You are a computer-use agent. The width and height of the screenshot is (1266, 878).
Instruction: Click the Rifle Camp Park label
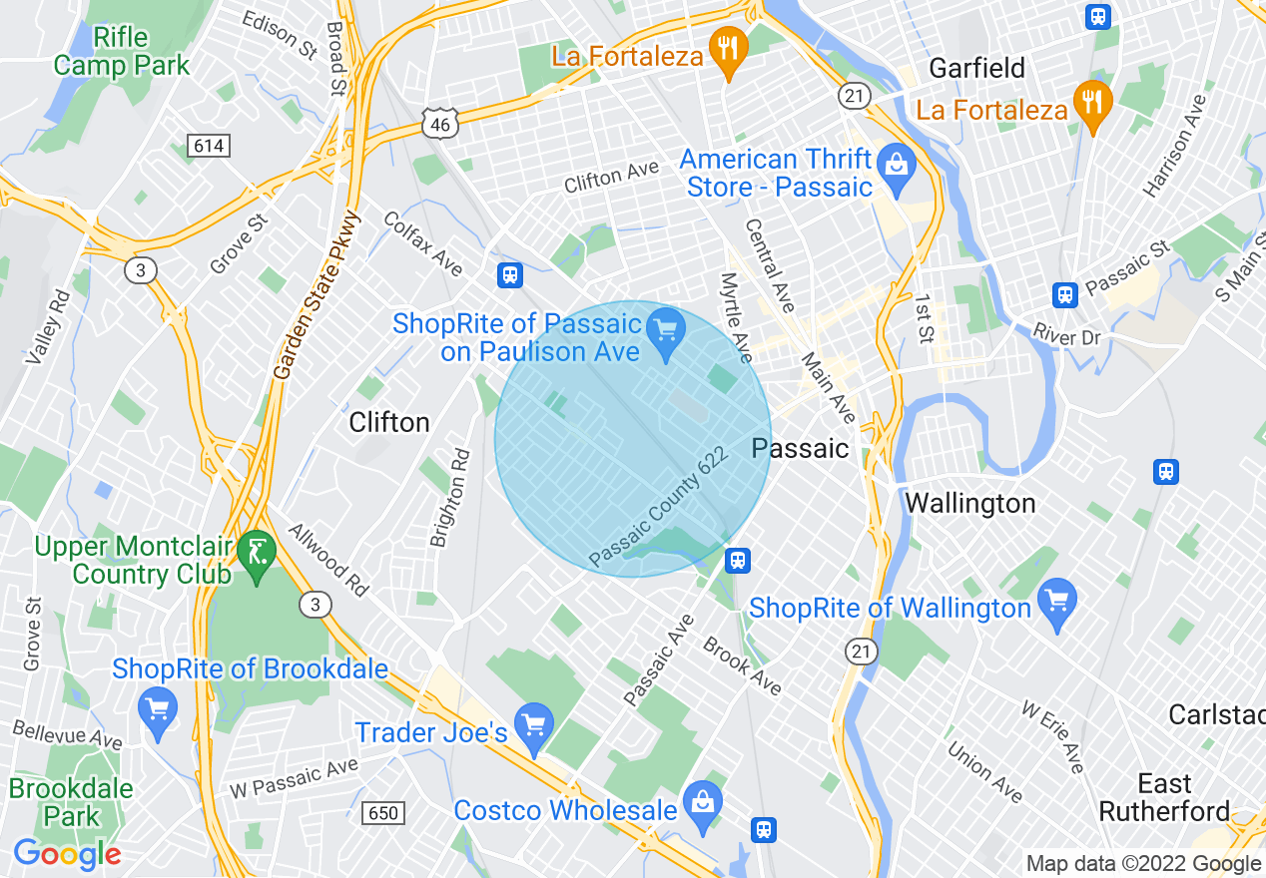point(121,52)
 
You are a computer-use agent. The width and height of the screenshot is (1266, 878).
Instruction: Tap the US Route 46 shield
point(440,123)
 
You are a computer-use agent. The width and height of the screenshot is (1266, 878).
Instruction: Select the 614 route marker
point(209,147)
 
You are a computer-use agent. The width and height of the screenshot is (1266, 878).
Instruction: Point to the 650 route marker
point(384,813)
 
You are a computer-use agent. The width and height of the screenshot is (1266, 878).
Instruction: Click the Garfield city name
point(976,68)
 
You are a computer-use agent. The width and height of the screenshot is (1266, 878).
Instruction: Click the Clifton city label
point(389,422)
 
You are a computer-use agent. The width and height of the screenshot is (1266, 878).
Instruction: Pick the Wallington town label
point(969,503)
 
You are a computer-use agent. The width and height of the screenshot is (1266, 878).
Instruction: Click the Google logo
point(67,855)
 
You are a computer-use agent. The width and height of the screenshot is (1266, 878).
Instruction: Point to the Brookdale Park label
point(71,802)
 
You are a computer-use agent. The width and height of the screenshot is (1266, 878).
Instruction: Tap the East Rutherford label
point(1164,797)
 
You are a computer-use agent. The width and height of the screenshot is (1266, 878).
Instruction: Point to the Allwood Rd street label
point(328,560)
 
